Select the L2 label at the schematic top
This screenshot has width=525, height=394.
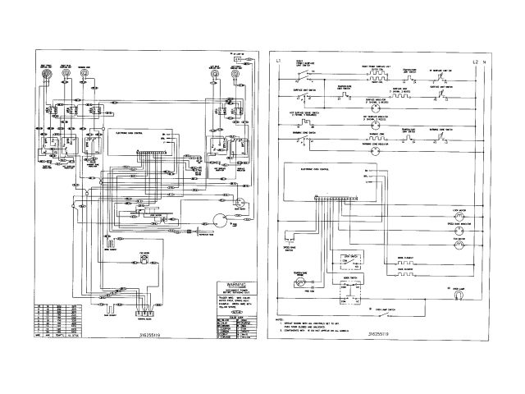[474, 63]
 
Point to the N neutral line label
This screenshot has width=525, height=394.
[484, 63]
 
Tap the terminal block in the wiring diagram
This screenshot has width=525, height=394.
[144, 310]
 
